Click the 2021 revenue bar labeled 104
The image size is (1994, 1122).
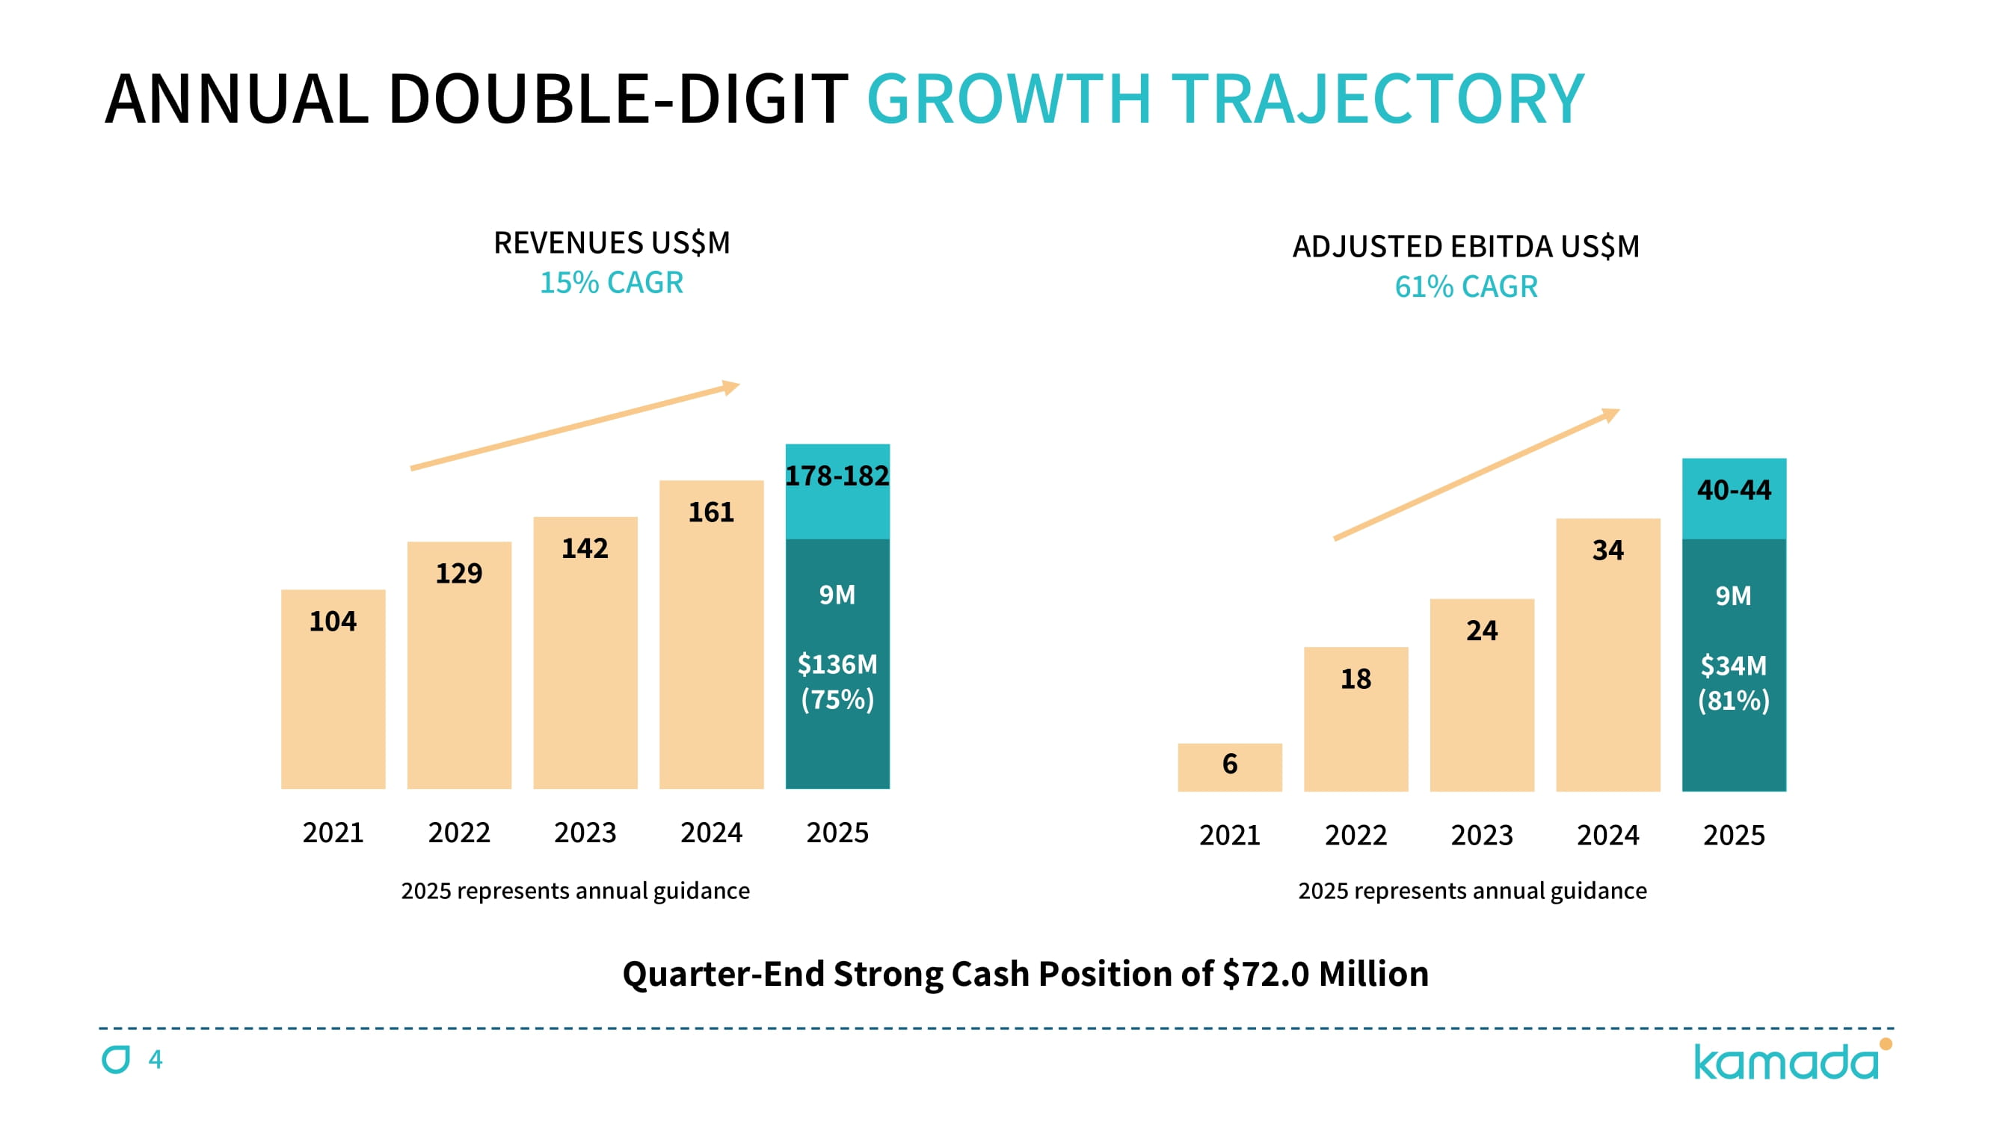(x=333, y=689)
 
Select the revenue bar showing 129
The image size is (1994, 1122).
(x=459, y=666)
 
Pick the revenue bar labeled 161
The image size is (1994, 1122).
(x=711, y=635)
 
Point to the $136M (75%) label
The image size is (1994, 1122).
(x=837, y=682)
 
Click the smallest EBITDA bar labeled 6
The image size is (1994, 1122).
(x=1229, y=767)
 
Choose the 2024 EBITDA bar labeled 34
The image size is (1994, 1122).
(x=1607, y=654)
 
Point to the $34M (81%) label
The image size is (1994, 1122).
(x=1734, y=684)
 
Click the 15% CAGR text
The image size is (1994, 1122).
(x=612, y=283)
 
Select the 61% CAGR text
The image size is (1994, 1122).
(x=1466, y=287)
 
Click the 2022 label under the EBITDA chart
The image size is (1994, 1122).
(x=1356, y=836)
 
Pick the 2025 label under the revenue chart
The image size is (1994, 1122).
(x=837, y=833)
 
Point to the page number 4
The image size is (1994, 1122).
(x=156, y=1059)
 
